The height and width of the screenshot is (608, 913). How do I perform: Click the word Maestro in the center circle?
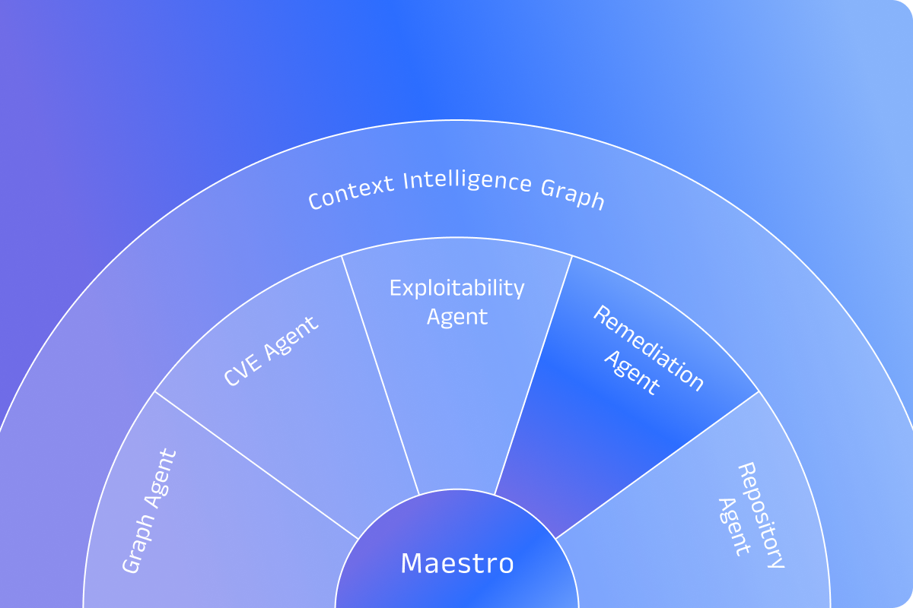click(456, 564)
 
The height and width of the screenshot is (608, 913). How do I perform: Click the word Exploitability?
click(456, 289)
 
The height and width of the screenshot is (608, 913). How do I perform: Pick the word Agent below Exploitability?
click(456, 316)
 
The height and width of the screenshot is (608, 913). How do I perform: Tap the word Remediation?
click(648, 348)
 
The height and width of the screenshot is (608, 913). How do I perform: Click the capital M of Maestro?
click(411, 564)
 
